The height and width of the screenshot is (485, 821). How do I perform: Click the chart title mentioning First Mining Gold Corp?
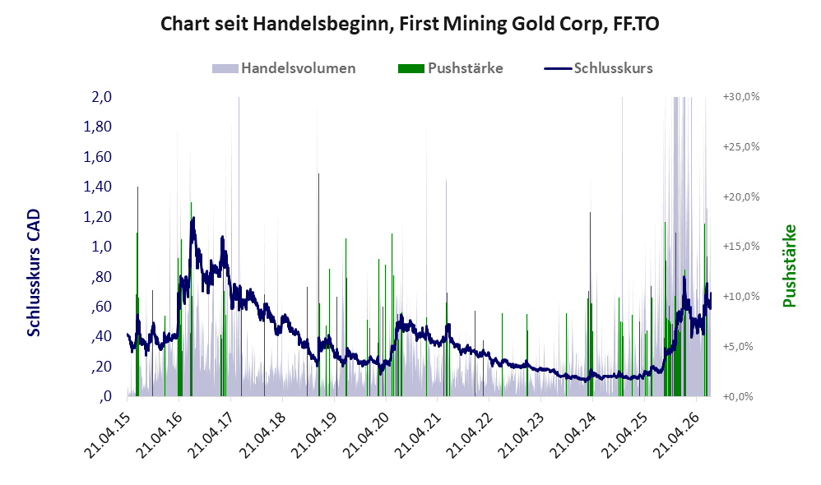tap(410, 24)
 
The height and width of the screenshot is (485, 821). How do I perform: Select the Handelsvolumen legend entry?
tap(284, 68)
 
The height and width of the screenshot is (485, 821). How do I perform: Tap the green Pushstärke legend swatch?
tap(411, 68)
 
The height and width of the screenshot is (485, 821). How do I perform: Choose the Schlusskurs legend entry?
tap(598, 68)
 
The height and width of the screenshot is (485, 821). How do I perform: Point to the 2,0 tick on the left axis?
tap(101, 97)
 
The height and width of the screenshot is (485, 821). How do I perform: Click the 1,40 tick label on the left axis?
tap(98, 187)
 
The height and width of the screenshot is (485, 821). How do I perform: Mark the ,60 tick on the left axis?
tap(101, 306)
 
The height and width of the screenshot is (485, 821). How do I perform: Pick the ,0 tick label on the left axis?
tap(105, 396)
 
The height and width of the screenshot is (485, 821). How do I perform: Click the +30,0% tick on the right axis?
tap(741, 97)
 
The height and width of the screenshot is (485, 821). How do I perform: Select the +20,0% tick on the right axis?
tap(741, 196)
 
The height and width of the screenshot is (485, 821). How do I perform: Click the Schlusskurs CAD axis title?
tap(34, 273)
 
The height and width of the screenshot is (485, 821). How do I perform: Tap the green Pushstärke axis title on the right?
tap(789, 266)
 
